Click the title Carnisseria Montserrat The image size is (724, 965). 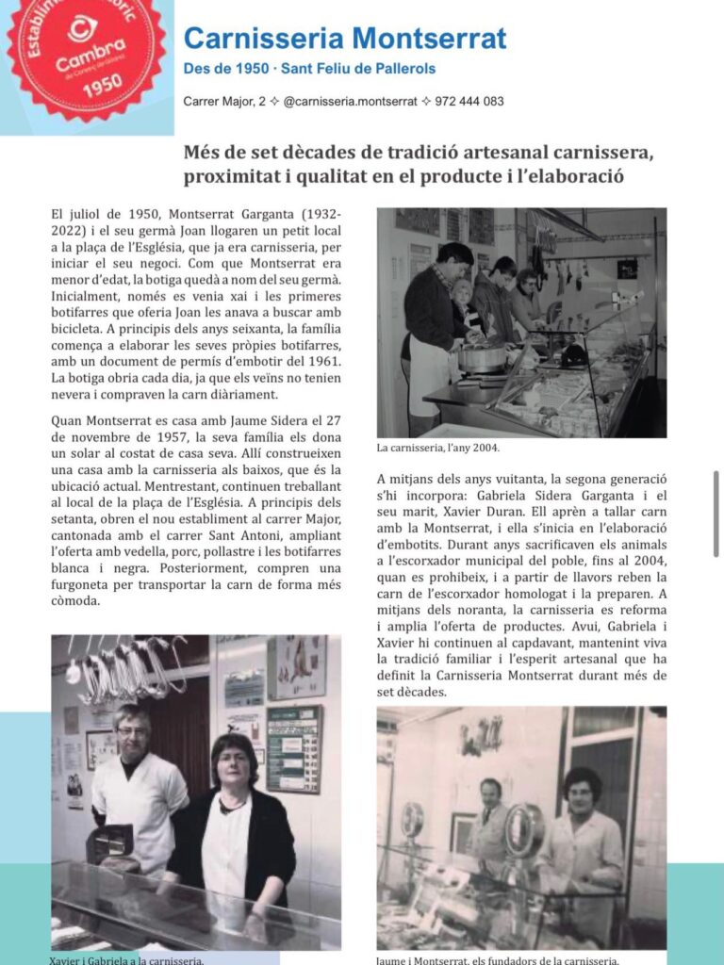tap(345, 39)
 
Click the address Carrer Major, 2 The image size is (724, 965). tap(224, 102)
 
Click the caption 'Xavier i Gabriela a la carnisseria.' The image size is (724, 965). tap(126, 960)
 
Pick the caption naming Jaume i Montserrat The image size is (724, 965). tap(498, 960)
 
